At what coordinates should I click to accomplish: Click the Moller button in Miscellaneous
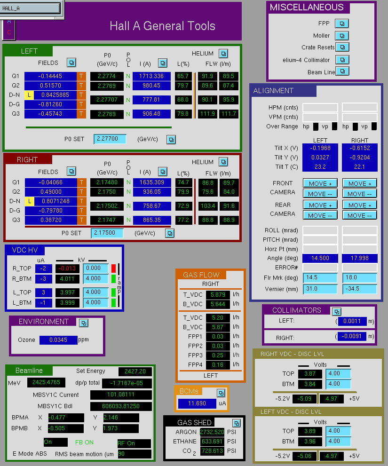point(342,36)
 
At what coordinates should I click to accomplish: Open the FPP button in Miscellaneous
point(342,24)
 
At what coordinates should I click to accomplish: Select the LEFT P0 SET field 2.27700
point(110,139)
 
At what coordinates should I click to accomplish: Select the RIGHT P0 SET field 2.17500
point(107,233)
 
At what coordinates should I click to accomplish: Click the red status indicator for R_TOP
point(113,269)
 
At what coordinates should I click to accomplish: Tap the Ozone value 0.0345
point(58,340)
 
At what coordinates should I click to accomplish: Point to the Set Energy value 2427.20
point(135,371)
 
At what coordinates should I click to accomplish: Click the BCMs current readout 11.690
point(197,403)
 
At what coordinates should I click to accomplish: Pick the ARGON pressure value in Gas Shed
point(212,432)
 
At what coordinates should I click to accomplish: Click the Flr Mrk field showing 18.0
point(359,277)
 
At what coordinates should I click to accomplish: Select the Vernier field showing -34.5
point(359,289)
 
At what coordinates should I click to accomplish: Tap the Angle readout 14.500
point(320,258)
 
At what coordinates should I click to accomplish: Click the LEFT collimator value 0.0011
point(352,321)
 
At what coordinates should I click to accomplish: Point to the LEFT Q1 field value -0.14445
point(50,76)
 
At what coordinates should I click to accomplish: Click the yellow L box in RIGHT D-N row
point(30,201)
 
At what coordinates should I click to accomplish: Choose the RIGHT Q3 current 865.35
point(151,220)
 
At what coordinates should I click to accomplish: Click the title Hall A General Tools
point(162,26)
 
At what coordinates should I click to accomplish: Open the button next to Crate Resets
point(342,47)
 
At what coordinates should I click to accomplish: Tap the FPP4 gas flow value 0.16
point(218,364)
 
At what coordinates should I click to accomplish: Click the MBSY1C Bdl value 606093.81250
point(121,406)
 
